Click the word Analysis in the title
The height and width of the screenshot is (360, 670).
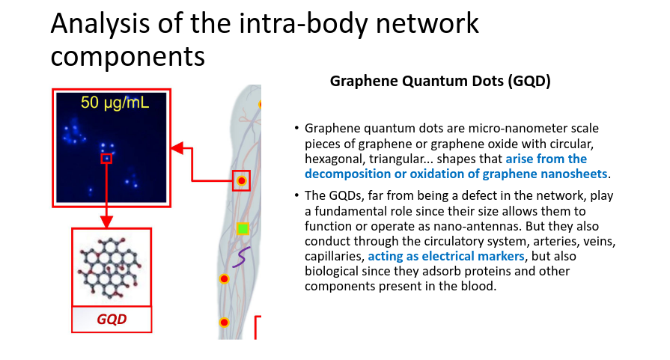point(100,23)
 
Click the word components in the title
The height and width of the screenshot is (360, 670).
point(128,57)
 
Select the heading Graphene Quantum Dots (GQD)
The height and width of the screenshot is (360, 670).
point(440,81)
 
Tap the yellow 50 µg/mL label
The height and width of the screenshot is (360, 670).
point(115,103)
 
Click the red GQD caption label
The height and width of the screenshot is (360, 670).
point(112,319)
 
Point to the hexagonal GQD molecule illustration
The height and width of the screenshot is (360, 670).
point(109,268)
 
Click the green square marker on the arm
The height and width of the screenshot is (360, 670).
point(243,228)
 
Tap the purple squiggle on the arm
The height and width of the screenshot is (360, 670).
point(241,257)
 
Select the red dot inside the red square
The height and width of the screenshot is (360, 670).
point(241,180)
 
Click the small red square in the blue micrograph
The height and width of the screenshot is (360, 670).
point(106,159)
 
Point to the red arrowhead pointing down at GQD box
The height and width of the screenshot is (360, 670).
point(107,222)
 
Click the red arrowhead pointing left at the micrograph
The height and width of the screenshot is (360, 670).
point(177,148)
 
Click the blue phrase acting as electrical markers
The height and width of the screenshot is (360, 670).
point(446,256)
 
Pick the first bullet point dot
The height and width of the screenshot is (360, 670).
point(296,128)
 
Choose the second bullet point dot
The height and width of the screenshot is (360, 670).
point(296,195)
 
